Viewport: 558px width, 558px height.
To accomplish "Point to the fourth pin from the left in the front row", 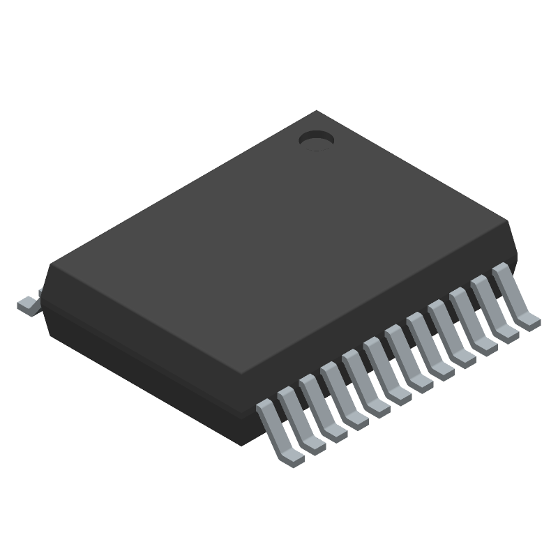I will click(341, 398).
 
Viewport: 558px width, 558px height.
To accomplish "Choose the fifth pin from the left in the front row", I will click(363, 386).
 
